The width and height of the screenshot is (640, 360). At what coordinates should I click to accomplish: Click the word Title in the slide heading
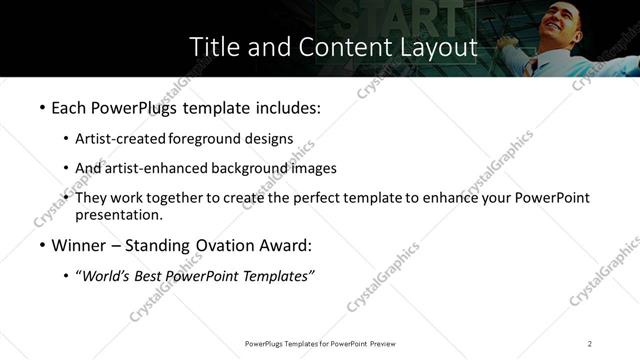pyautogui.click(x=213, y=46)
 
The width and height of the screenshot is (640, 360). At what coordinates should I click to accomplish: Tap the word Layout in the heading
pyautogui.click(x=433, y=46)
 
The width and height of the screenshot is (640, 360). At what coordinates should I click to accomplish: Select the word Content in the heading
pyautogui.click(x=335, y=46)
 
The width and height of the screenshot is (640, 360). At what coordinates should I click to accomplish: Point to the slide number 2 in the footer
pyautogui.click(x=590, y=344)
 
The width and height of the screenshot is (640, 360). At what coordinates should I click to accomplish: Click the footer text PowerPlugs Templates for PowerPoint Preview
pyautogui.click(x=320, y=344)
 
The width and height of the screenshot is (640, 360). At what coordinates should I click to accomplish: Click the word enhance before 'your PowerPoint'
pyautogui.click(x=452, y=198)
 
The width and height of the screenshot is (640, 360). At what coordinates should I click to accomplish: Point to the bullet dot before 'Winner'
pyautogui.click(x=41, y=246)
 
